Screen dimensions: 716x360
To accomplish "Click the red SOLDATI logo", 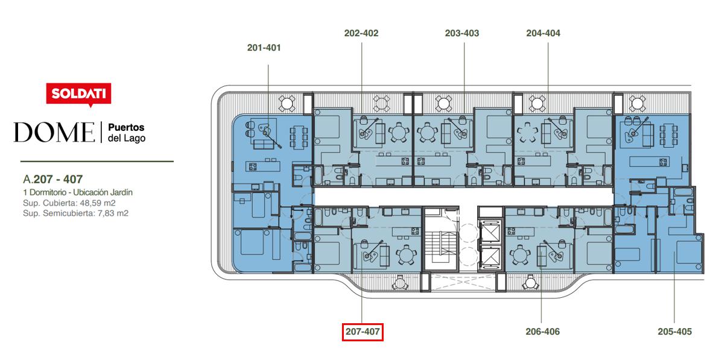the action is (78, 94).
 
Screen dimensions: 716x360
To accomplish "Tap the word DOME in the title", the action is (54, 132).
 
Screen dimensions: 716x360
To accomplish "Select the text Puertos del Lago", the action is (126, 133).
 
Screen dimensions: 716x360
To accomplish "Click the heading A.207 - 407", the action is (52, 179).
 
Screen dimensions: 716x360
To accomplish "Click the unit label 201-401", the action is (264, 48).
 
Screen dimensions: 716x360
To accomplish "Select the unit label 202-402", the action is (361, 33).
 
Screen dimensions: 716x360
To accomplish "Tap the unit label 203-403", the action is (462, 33).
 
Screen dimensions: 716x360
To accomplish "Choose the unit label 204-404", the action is (543, 33).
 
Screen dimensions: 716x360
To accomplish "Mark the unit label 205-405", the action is (675, 332).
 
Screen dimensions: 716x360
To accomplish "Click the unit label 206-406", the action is (542, 332).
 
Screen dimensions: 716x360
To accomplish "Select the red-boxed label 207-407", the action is (363, 332).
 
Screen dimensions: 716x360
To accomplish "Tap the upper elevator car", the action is (490, 233).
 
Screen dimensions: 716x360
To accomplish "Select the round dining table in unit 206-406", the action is (519, 254).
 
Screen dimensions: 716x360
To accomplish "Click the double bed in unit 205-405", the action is (689, 252).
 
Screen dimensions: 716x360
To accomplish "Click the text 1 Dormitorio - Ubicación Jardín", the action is (78, 192).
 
